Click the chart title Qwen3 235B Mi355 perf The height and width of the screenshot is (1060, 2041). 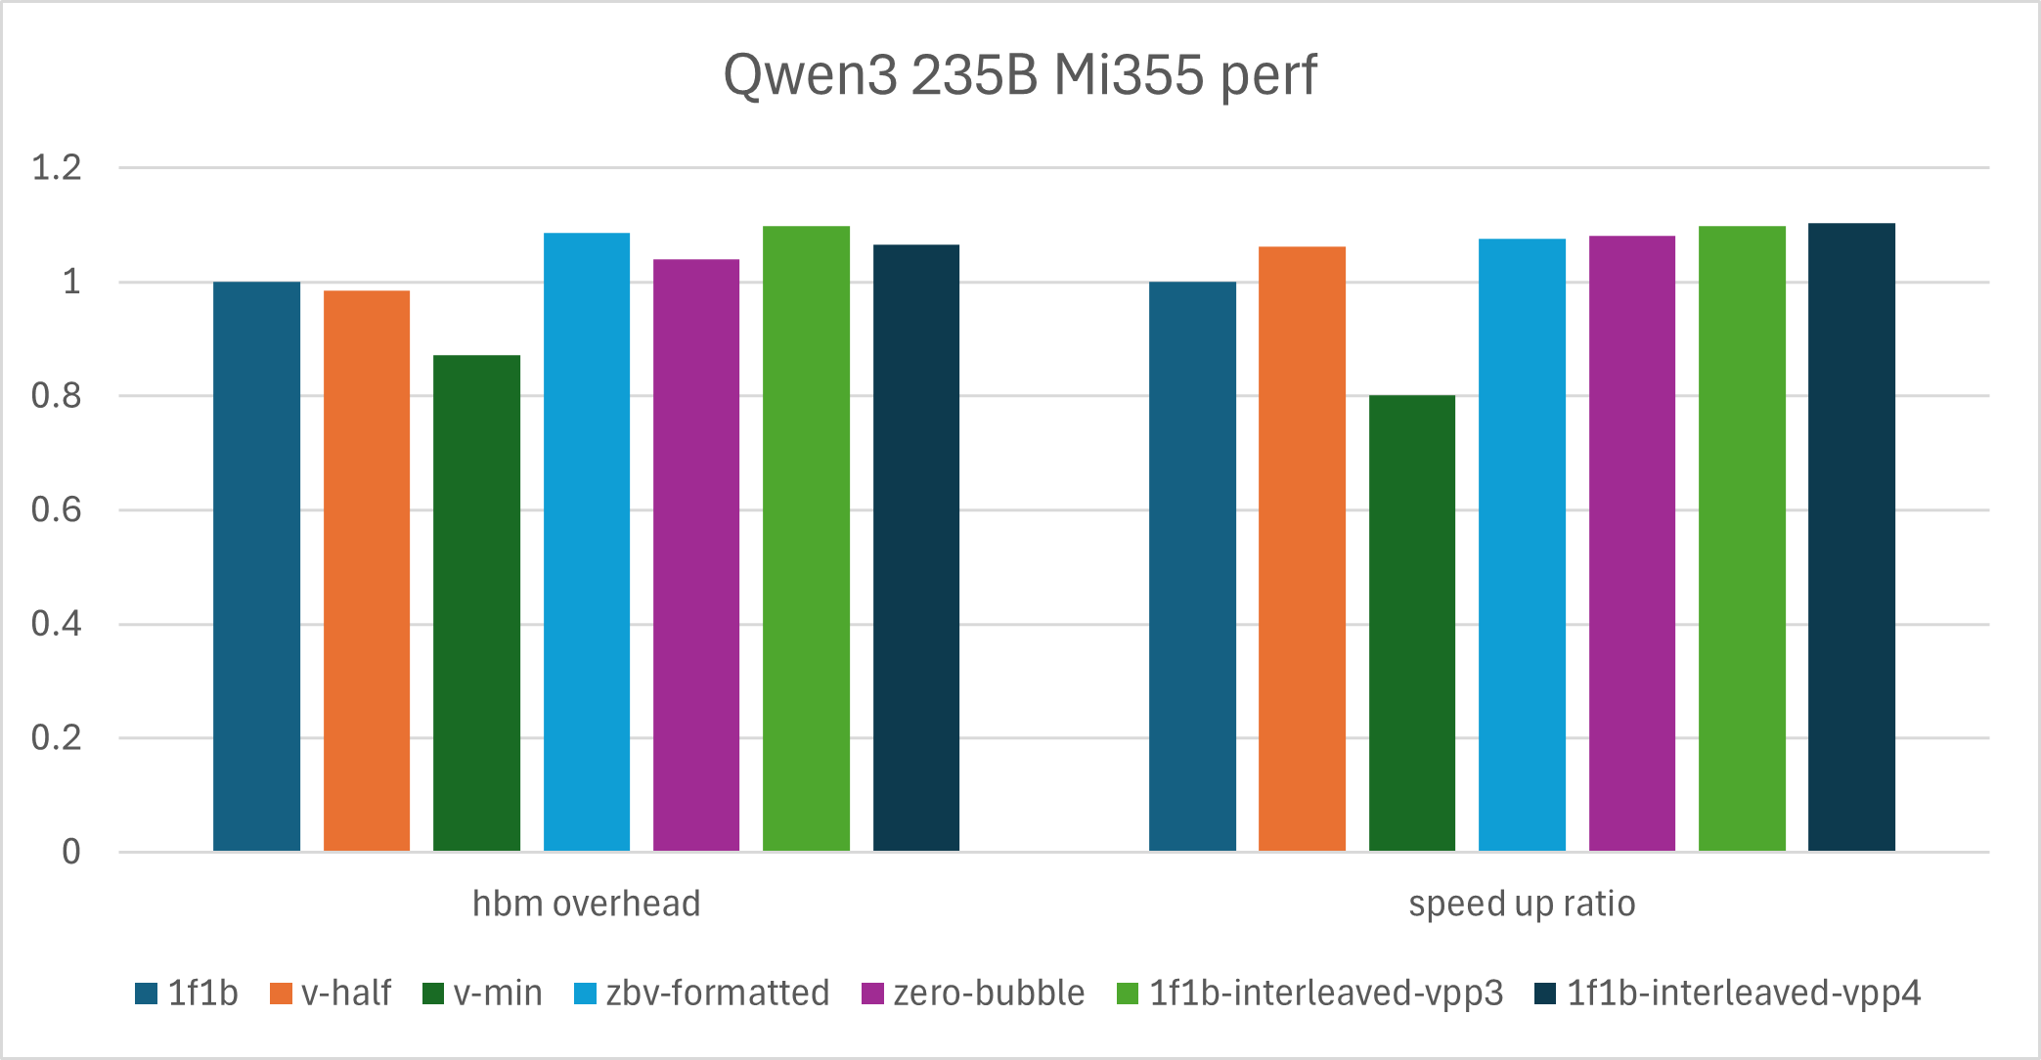(x=1020, y=74)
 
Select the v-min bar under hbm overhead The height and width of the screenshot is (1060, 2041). (x=476, y=603)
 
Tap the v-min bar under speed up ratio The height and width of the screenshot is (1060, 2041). (x=1411, y=623)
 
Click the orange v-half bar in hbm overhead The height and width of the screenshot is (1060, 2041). (x=367, y=571)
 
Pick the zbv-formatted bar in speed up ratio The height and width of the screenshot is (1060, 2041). (x=1522, y=545)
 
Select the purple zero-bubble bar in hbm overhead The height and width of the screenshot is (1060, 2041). (x=696, y=555)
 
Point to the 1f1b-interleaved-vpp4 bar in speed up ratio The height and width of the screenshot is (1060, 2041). (x=1851, y=537)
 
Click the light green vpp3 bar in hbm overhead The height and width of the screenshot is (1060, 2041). (x=806, y=539)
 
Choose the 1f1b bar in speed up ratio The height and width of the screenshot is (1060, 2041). (x=1192, y=566)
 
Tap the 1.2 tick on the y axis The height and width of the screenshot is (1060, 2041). (x=57, y=168)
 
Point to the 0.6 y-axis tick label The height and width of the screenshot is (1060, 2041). (x=57, y=510)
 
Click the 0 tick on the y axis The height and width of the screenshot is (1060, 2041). (x=70, y=852)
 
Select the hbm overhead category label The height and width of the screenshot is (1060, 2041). (x=586, y=904)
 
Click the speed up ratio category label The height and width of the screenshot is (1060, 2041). (x=1522, y=904)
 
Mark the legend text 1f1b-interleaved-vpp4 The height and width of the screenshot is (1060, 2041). (x=1744, y=994)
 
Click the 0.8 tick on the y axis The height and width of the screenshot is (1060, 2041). (x=57, y=396)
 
